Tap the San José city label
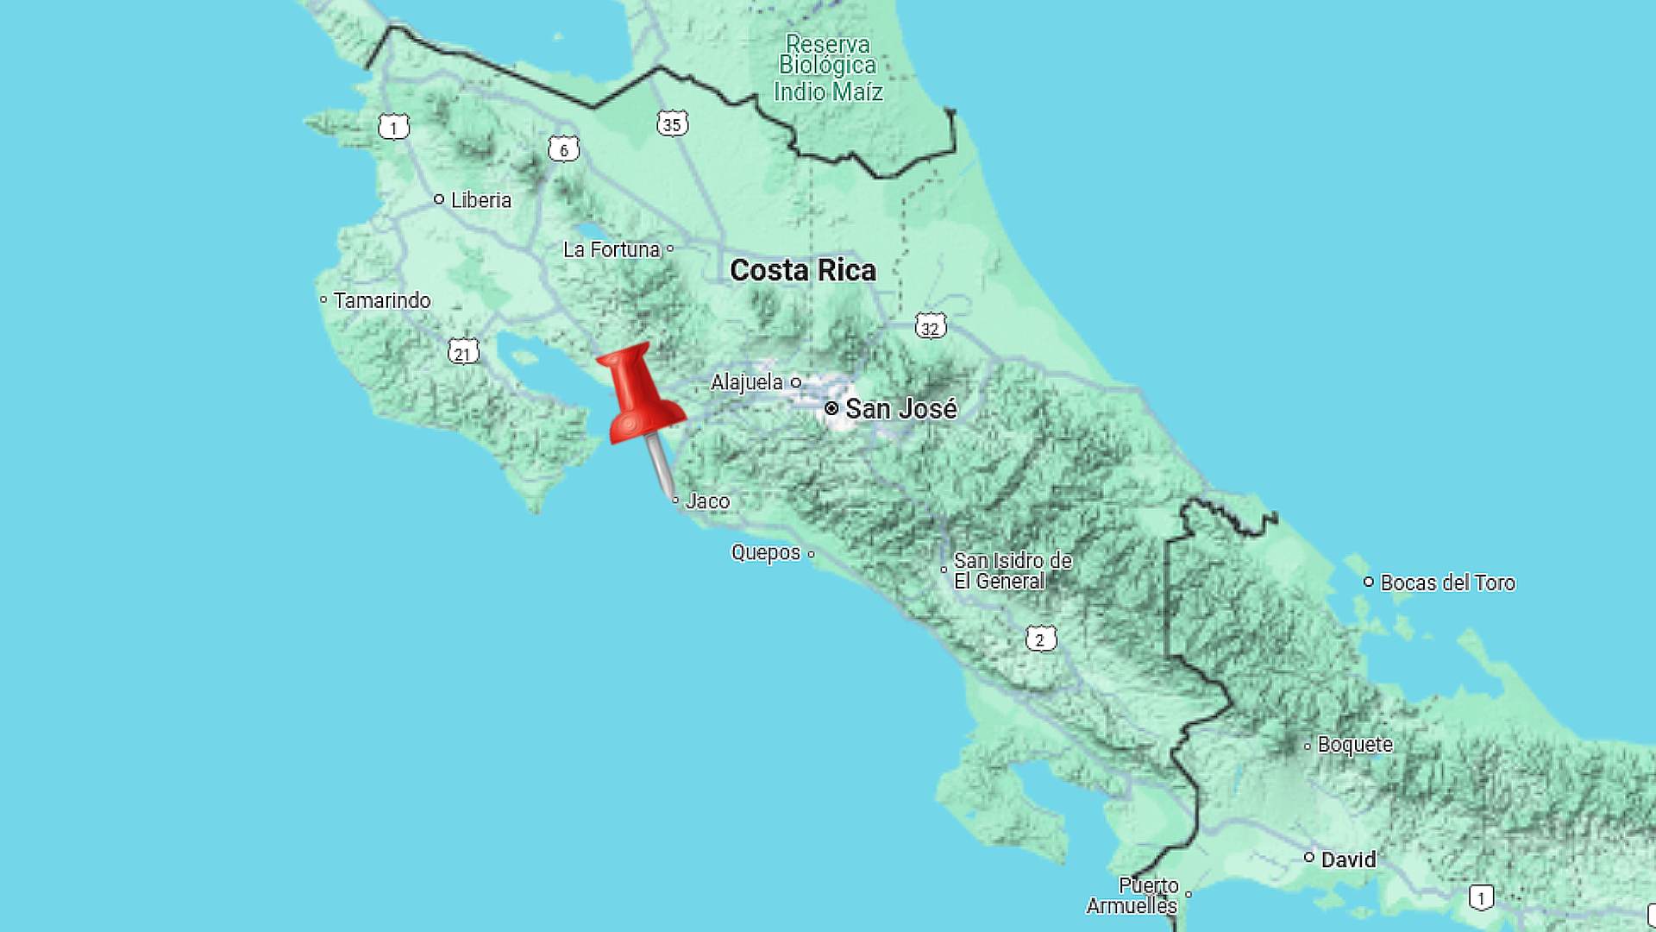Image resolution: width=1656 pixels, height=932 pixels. [900, 409]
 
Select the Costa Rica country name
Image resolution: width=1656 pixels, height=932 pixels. [803, 271]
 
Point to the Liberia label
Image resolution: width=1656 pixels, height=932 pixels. [480, 200]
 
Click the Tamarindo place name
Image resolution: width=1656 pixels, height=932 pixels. [381, 301]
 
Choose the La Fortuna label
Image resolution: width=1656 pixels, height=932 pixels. [611, 250]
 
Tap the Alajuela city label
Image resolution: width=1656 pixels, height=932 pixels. [747, 382]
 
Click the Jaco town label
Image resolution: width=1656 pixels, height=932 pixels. [707, 501]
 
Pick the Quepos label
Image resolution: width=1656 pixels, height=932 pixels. [766, 553]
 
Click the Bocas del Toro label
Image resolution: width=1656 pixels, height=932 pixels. [1447, 583]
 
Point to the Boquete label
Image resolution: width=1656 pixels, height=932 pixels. [1354, 745]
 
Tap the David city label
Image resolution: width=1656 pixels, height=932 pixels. [1348, 860]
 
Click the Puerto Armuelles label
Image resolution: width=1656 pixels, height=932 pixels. [1132, 897]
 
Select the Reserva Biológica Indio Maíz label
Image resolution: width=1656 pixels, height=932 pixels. [828, 68]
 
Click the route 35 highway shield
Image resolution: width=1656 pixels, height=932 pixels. [672, 124]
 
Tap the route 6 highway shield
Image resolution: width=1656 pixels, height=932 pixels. [564, 150]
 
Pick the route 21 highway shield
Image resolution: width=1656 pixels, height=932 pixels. [463, 353]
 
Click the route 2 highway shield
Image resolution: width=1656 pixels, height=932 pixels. [1040, 639]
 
